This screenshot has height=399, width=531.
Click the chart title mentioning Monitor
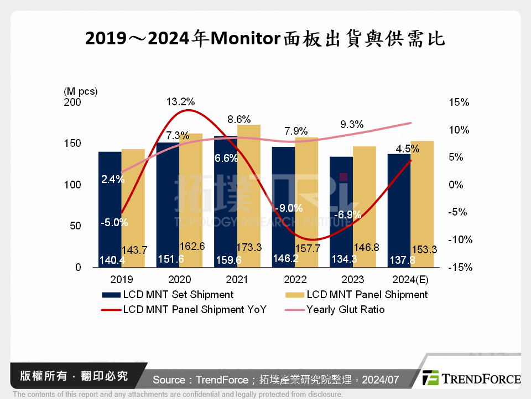[265, 39]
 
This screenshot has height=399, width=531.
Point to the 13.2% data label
[180, 102]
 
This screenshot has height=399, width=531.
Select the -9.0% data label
[289, 208]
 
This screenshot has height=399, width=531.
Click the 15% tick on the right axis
[459, 103]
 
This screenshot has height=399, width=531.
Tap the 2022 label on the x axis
[294, 279]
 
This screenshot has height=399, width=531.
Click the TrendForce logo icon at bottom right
[430, 378]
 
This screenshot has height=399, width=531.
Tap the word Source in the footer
[169, 380]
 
